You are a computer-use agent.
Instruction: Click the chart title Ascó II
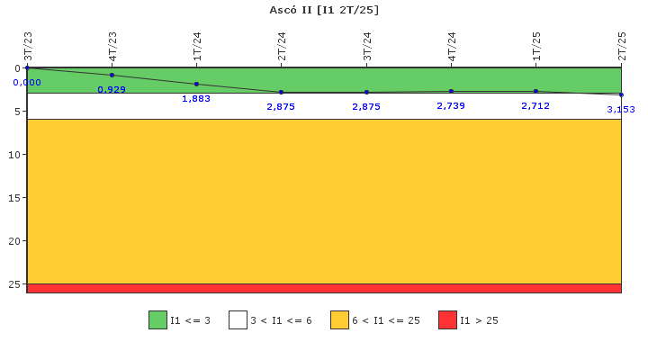[x=324, y=10]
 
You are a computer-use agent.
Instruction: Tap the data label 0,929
[x=112, y=89]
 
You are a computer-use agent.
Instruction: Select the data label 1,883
[x=196, y=98]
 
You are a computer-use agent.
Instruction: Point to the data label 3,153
[x=620, y=109]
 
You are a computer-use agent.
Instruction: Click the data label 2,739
[x=451, y=105]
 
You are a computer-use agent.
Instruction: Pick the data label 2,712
[x=535, y=105]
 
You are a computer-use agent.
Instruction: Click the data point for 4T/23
[x=112, y=75]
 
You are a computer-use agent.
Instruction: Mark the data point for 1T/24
[x=196, y=84]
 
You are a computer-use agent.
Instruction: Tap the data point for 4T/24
[x=451, y=91]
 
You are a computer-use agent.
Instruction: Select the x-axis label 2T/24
[x=282, y=46]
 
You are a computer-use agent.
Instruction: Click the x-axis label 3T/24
[x=366, y=46]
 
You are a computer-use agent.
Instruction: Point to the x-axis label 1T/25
[x=536, y=46]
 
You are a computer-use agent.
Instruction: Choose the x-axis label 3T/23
[x=27, y=46]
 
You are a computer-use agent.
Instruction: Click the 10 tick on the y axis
[x=15, y=154]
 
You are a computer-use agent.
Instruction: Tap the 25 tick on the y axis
[x=15, y=283]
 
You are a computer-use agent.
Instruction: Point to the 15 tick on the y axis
[x=15, y=197]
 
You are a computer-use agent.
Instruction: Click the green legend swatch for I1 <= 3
[x=157, y=319]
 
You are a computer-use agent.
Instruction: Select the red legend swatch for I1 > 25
[x=447, y=319]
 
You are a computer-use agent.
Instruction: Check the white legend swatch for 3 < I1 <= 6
[x=238, y=319]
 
